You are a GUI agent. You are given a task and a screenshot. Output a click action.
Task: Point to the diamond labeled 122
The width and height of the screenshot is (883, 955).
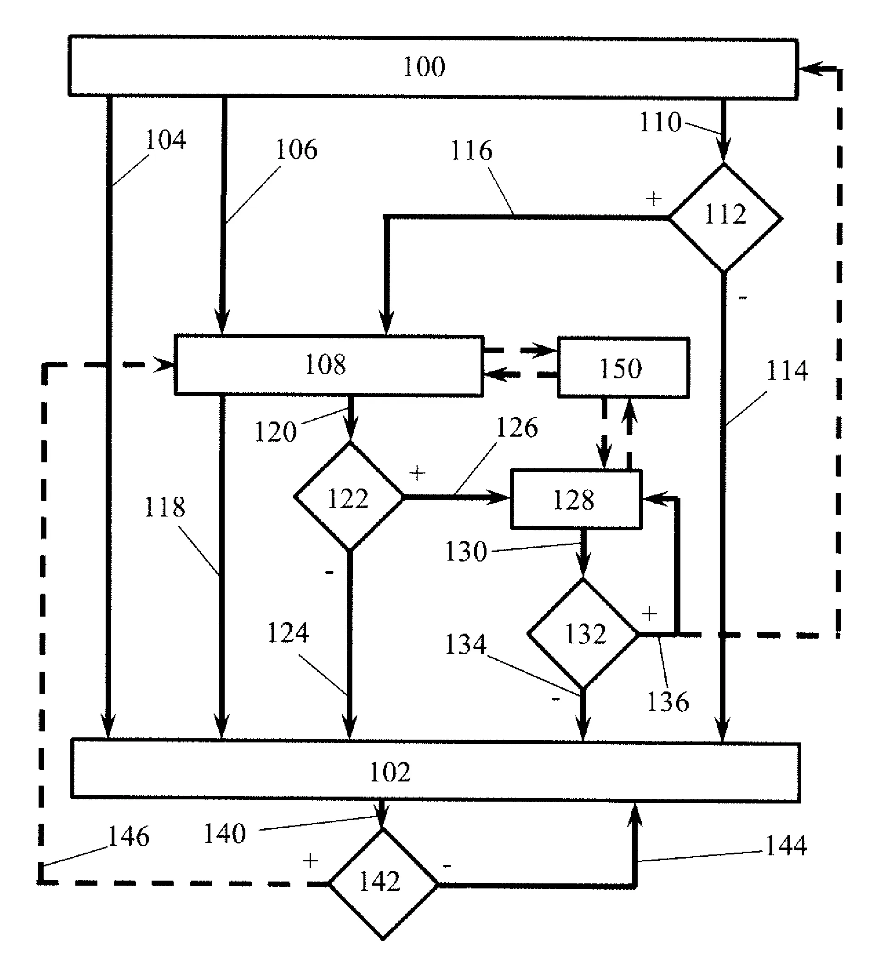[x=349, y=497]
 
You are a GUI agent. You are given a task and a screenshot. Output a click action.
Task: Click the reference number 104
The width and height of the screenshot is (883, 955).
[x=165, y=140]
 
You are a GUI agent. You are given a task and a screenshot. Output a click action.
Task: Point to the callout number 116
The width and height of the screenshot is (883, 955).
[x=471, y=151]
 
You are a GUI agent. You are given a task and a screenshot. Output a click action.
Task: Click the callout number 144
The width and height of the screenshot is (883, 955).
[x=786, y=846]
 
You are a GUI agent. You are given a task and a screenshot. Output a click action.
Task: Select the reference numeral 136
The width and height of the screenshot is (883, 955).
[x=668, y=702]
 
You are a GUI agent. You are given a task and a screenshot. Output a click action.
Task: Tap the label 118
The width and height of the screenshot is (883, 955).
[x=165, y=507]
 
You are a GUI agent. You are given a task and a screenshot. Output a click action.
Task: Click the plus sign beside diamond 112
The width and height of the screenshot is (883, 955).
[x=653, y=199]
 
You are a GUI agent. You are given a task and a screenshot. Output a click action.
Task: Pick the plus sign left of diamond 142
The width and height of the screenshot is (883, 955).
[x=310, y=861]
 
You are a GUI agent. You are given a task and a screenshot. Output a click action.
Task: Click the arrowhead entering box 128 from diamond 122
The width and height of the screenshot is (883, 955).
[x=504, y=498]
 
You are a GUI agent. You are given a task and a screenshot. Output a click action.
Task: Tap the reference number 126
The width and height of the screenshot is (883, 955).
[x=517, y=428]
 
